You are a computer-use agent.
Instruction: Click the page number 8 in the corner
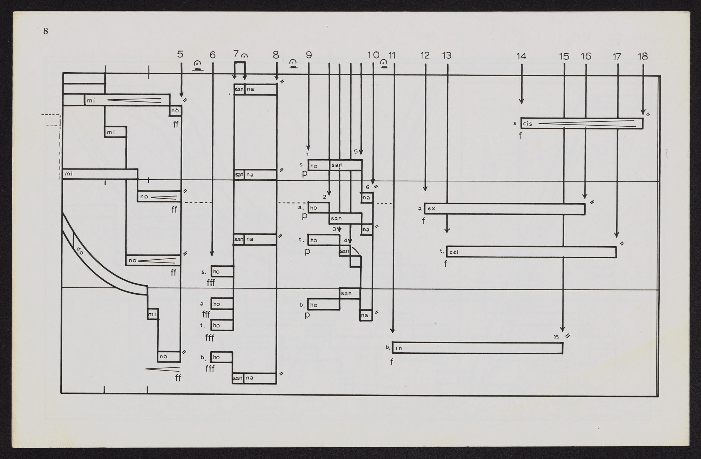pos(46,31)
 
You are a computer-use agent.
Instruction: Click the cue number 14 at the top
pos(521,56)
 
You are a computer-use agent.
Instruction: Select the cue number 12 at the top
pos(425,55)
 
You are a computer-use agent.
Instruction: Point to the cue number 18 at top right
pos(643,56)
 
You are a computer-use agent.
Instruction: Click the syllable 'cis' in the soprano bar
pos(528,124)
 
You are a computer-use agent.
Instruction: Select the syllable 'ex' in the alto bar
pos(431,208)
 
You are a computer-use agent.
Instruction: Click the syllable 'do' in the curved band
pos(79,251)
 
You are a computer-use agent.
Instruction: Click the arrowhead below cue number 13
pos(447,231)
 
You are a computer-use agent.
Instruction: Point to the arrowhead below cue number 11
pos(393,331)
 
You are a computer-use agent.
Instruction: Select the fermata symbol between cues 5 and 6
pos(198,66)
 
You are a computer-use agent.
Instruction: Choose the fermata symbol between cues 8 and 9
pos(293,64)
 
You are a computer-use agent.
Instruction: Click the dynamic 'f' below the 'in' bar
pos(392,362)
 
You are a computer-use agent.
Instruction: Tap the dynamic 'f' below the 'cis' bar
pos(520,135)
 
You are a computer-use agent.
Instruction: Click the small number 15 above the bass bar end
pos(556,338)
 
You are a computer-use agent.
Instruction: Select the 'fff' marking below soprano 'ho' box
pos(211,282)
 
